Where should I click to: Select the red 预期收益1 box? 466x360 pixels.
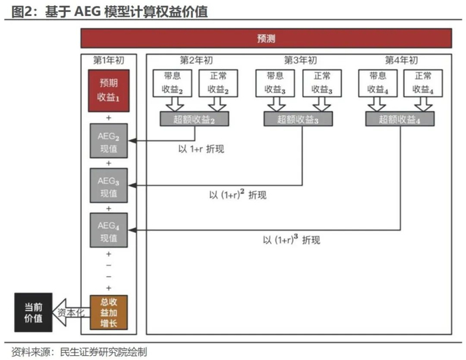pyautogui.click(x=109, y=90)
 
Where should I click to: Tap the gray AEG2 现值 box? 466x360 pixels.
pyautogui.click(x=109, y=140)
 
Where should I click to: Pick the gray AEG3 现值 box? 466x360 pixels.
pyautogui.click(x=109, y=186)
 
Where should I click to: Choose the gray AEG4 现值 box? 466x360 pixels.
pyautogui.click(x=109, y=230)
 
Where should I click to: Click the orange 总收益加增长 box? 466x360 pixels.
pyautogui.click(x=109, y=312)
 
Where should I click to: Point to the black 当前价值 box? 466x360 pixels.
pyautogui.click(x=33, y=312)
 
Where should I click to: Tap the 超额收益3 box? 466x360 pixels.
pyautogui.click(x=296, y=120)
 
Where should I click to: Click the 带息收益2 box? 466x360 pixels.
pyautogui.click(x=172, y=83)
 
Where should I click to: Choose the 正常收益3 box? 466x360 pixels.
pyautogui.click(x=322, y=83)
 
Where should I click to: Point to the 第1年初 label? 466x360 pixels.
pyautogui.click(x=109, y=60)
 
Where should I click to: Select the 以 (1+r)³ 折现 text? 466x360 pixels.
pyautogui.click(x=291, y=240)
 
